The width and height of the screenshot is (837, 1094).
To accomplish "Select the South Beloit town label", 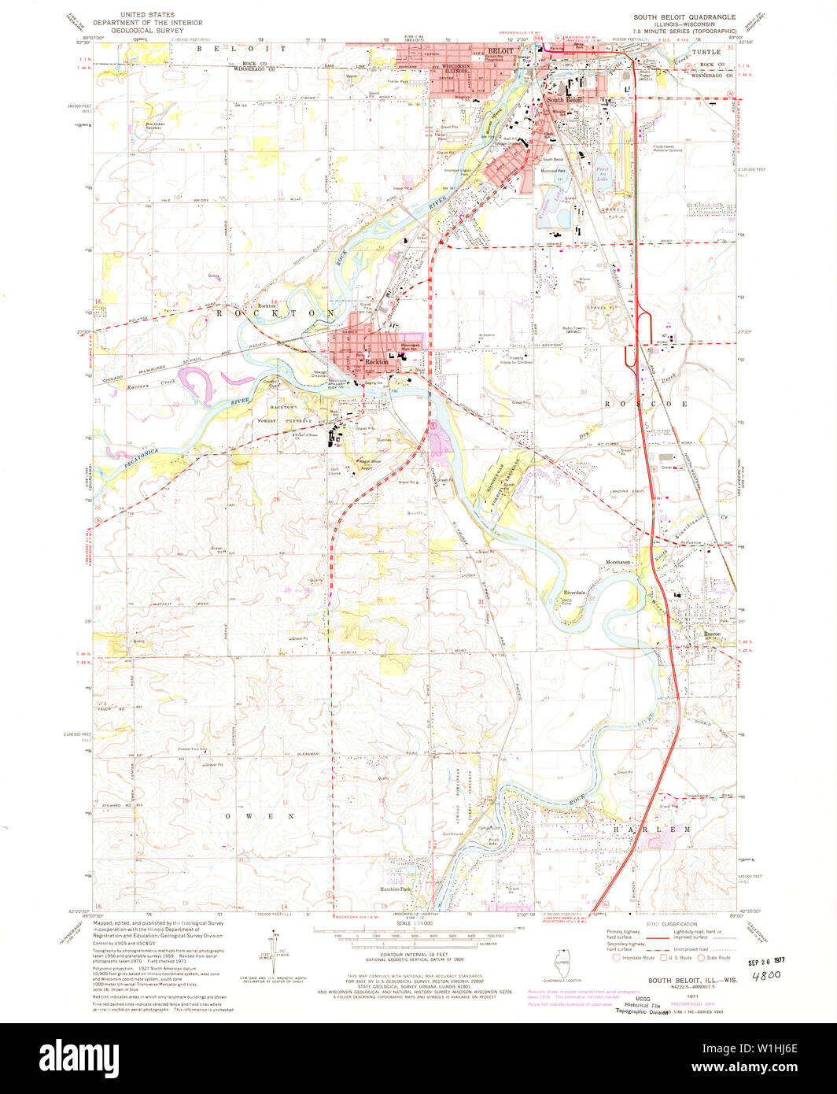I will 566,101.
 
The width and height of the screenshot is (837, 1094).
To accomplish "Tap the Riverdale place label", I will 574,592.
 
